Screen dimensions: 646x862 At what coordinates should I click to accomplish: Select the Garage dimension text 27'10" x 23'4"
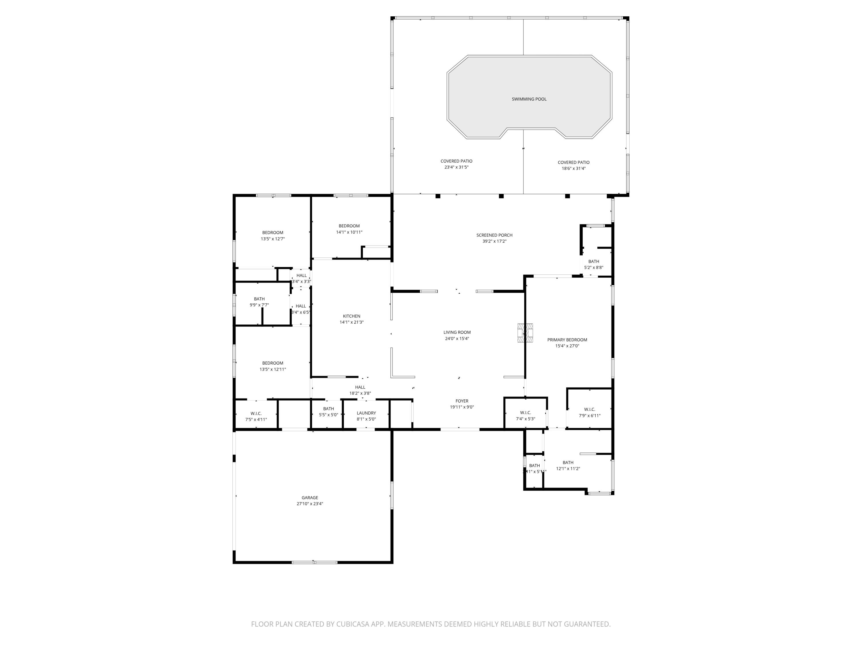click(310, 504)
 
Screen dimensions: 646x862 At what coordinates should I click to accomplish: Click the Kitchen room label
click(351, 316)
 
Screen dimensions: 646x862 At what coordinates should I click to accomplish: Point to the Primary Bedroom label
click(567, 340)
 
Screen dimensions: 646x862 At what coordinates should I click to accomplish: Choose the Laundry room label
click(366, 413)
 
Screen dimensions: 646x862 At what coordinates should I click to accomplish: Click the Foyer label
click(462, 401)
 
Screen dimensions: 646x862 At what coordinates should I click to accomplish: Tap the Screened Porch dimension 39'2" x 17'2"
click(494, 241)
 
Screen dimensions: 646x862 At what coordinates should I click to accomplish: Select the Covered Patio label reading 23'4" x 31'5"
click(456, 164)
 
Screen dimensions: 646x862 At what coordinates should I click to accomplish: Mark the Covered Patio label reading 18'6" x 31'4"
click(573, 165)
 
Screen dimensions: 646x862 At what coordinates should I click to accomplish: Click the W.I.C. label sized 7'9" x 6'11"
click(589, 412)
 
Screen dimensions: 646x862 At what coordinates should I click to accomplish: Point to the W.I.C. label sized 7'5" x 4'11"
click(256, 417)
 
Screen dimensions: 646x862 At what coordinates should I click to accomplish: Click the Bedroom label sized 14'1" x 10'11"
click(349, 229)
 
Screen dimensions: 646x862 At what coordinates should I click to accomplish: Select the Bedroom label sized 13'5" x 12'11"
click(273, 366)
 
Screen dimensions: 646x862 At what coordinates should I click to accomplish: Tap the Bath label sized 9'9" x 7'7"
click(259, 302)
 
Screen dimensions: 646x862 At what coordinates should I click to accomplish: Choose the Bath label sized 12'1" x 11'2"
click(568, 466)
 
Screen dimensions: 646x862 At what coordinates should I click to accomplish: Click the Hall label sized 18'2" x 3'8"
click(360, 390)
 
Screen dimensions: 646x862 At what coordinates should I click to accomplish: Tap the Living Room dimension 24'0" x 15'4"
click(457, 339)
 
